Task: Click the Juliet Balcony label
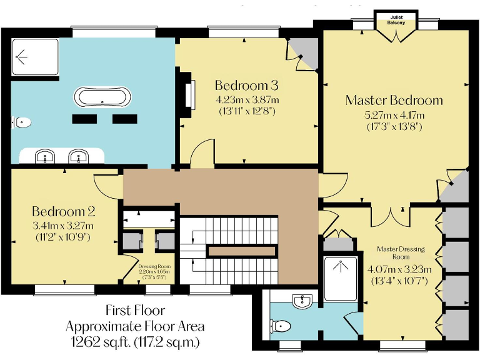[x=396, y=19]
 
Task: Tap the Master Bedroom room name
[x=394, y=100]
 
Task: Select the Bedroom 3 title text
[x=246, y=86]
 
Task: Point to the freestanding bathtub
[x=103, y=97]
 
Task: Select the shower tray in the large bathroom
[x=34, y=57]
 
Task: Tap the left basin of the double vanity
[x=44, y=156]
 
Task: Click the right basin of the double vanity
[x=78, y=156]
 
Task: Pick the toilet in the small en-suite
[x=281, y=325]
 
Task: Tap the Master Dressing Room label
[x=401, y=253]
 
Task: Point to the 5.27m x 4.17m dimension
[x=394, y=115]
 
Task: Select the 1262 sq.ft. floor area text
[x=136, y=341]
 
